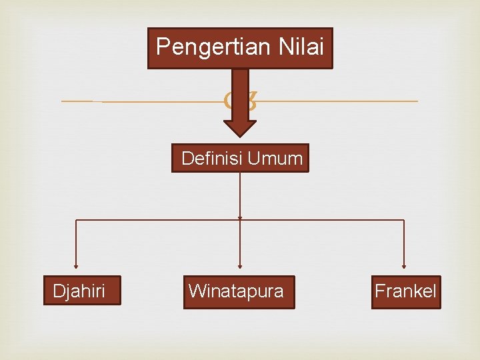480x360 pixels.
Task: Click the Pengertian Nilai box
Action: pos(240,48)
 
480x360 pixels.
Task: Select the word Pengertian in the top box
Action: pos(201,47)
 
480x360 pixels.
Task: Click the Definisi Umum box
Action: pos(240,158)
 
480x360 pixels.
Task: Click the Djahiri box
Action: pos(82,291)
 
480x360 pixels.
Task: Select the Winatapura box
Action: pos(238,291)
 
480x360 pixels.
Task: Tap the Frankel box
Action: pos(406,291)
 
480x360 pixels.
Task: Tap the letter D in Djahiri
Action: pos(58,291)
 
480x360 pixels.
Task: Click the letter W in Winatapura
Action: pos(196,291)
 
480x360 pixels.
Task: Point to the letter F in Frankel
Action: pos(379,291)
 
